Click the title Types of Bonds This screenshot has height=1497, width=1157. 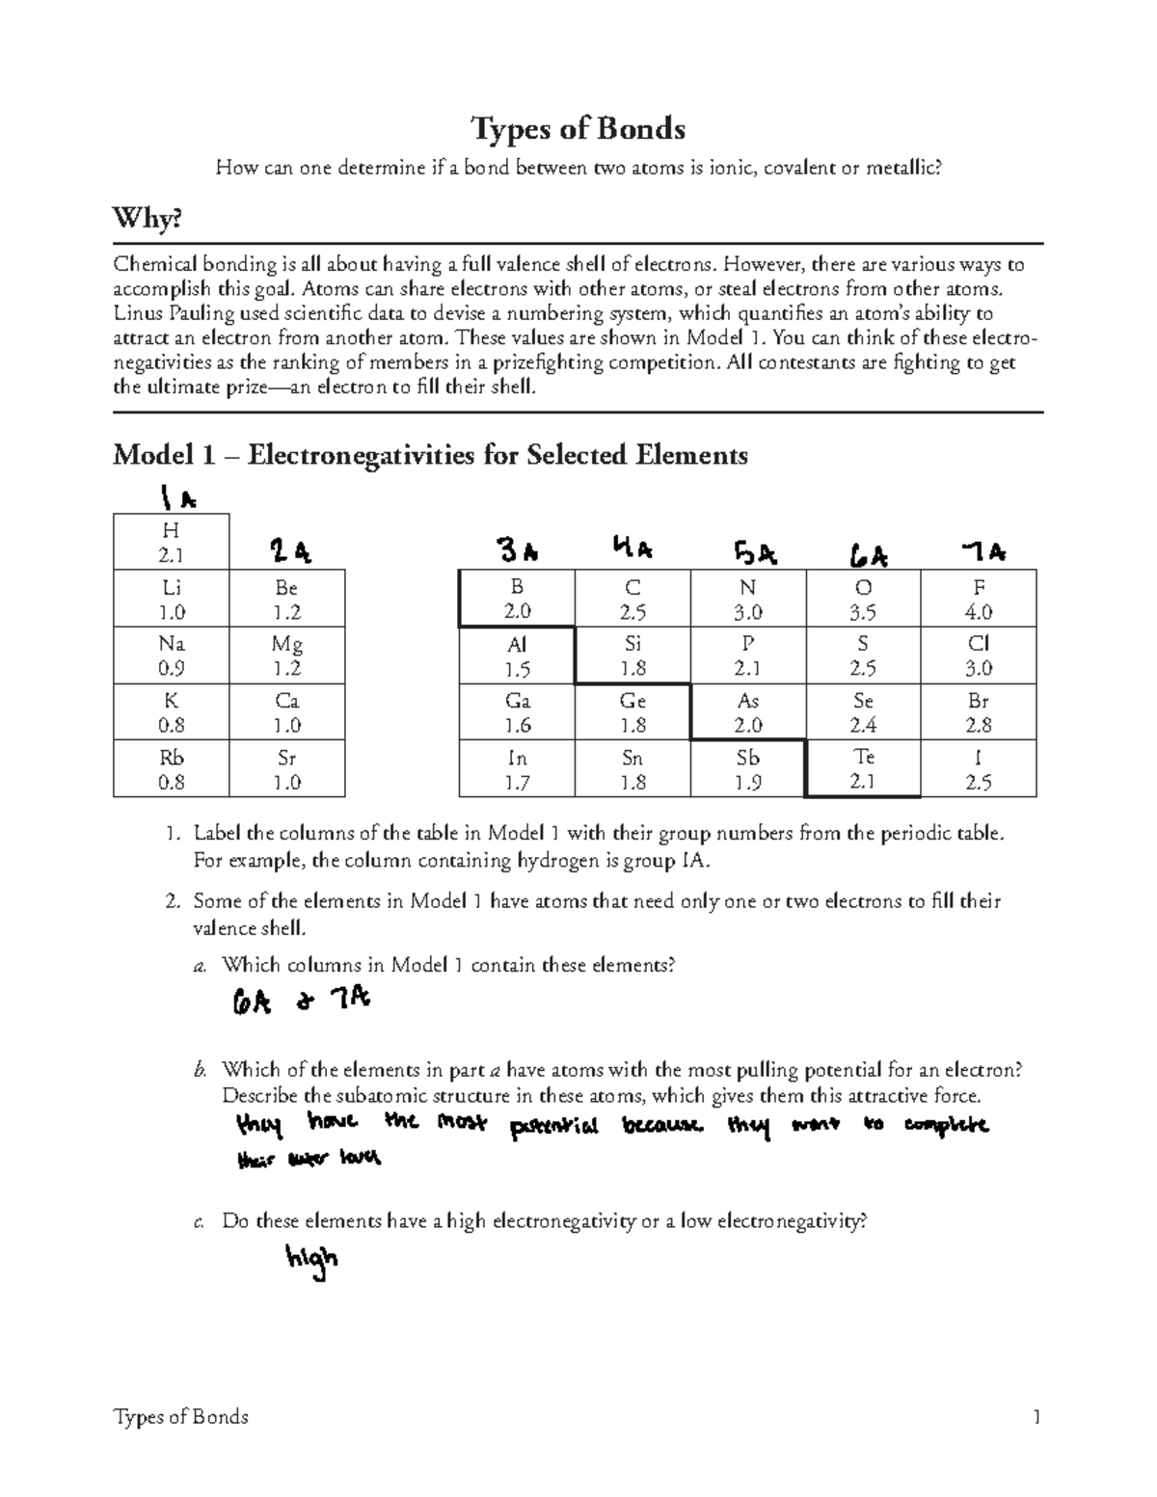point(578,128)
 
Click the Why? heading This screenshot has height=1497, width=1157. point(147,220)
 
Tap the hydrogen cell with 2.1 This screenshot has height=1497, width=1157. point(171,542)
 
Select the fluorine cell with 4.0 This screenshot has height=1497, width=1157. point(979,600)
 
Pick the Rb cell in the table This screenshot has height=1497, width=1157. point(171,769)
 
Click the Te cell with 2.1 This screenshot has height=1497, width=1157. point(864,769)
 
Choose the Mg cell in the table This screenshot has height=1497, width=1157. point(286,655)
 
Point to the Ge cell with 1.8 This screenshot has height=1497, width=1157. point(632,712)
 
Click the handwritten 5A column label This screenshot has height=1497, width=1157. point(755,554)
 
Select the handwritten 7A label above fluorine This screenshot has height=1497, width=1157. point(983,552)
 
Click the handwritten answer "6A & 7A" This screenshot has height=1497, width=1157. point(299,1002)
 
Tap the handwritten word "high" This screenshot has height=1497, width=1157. point(310,1261)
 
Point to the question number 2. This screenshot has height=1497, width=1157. point(172,902)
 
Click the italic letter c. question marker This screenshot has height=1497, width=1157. point(199,1222)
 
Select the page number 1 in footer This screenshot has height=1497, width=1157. point(1036,1417)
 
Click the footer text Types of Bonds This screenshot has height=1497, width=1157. point(180,1417)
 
